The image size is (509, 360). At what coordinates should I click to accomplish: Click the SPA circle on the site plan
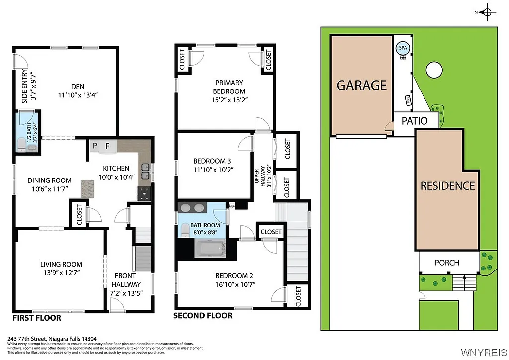click(x=402, y=48)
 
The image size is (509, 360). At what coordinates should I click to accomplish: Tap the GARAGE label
click(x=361, y=85)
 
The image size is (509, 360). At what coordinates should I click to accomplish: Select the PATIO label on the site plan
click(x=414, y=121)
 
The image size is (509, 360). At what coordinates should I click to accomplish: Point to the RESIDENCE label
click(x=447, y=186)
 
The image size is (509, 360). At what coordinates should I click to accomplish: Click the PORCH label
click(x=446, y=262)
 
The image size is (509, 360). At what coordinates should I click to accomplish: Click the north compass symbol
click(x=487, y=12)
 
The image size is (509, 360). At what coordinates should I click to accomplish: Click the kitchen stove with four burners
click(x=145, y=194)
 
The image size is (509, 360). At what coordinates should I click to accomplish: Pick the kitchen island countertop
click(x=88, y=188)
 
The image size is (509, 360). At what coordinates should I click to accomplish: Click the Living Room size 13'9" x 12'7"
click(x=61, y=273)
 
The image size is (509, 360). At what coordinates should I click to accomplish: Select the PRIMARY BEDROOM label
click(x=229, y=87)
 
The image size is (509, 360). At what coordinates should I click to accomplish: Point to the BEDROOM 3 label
click(x=212, y=161)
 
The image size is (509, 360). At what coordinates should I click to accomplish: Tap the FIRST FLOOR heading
click(x=37, y=318)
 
